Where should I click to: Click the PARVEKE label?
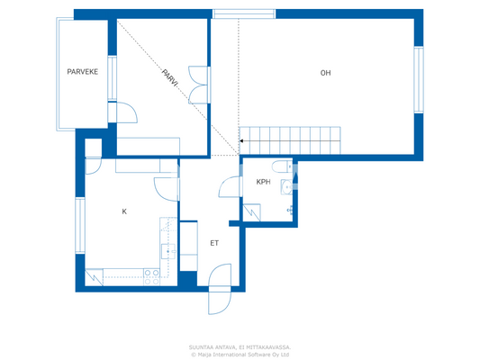(83, 71)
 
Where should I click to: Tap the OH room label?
(325, 73)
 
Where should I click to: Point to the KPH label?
(263, 182)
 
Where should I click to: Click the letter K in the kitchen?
(124, 211)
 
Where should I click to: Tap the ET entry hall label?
(214, 243)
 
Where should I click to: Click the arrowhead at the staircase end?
(241, 140)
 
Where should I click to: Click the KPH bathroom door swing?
(231, 186)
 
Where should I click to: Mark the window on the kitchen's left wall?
(79, 225)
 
